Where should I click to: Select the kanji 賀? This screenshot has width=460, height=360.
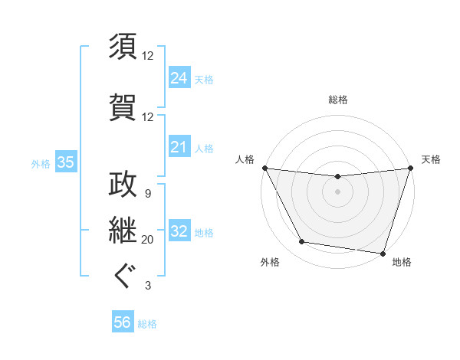click(x=123, y=105)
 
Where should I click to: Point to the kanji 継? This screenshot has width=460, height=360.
click(x=123, y=229)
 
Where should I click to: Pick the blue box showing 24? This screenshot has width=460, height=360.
click(x=179, y=77)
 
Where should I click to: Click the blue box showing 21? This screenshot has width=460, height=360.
click(x=179, y=147)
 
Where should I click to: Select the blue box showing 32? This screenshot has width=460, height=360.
click(x=179, y=231)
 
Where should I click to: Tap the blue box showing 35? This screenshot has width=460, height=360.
click(x=65, y=162)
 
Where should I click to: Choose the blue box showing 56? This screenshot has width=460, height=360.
click(x=123, y=322)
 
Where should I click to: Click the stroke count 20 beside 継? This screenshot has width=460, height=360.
click(x=148, y=240)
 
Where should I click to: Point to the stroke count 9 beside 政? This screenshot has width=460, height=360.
click(x=147, y=193)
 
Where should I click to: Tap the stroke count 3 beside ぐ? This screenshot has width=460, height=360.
click(x=147, y=286)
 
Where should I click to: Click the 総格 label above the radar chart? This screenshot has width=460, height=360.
click(x=337, y=100)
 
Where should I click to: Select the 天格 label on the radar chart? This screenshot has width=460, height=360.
click(x=431, y=159)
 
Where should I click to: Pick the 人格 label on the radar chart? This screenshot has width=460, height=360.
click(x=245, y=159)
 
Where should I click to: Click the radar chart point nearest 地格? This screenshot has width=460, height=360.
click(x=383, y=253)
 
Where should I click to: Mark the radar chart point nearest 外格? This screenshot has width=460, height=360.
click(x=302, y=242)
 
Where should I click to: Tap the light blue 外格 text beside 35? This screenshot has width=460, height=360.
click(x=41, y=163)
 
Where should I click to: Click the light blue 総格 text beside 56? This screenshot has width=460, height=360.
click(x=147, y=323)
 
